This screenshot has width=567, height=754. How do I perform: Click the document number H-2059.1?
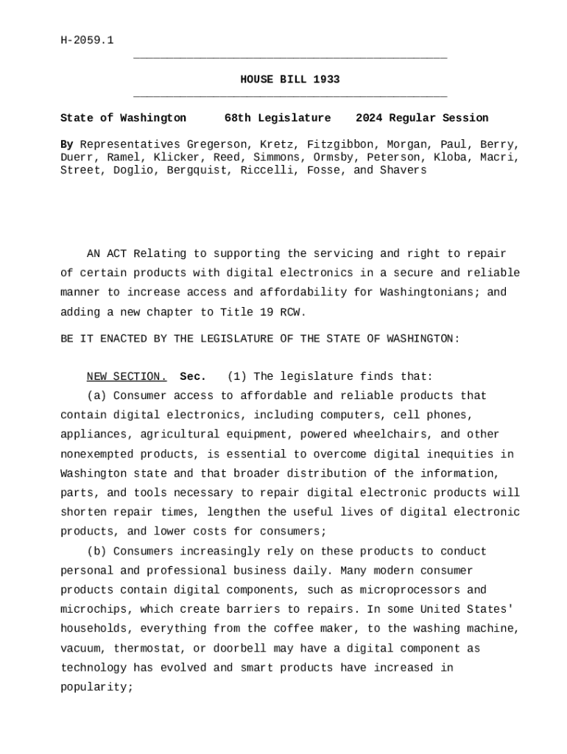point(87,40)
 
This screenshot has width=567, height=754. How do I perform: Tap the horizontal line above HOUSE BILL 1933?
point(290,57)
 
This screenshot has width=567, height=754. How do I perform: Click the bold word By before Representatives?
point(67,144)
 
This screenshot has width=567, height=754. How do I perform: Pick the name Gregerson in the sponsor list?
point(216,144)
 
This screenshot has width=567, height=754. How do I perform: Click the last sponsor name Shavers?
point(404,170)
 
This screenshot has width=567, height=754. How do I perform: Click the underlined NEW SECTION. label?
point(127,377)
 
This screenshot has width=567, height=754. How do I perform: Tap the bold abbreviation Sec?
point(193,377)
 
